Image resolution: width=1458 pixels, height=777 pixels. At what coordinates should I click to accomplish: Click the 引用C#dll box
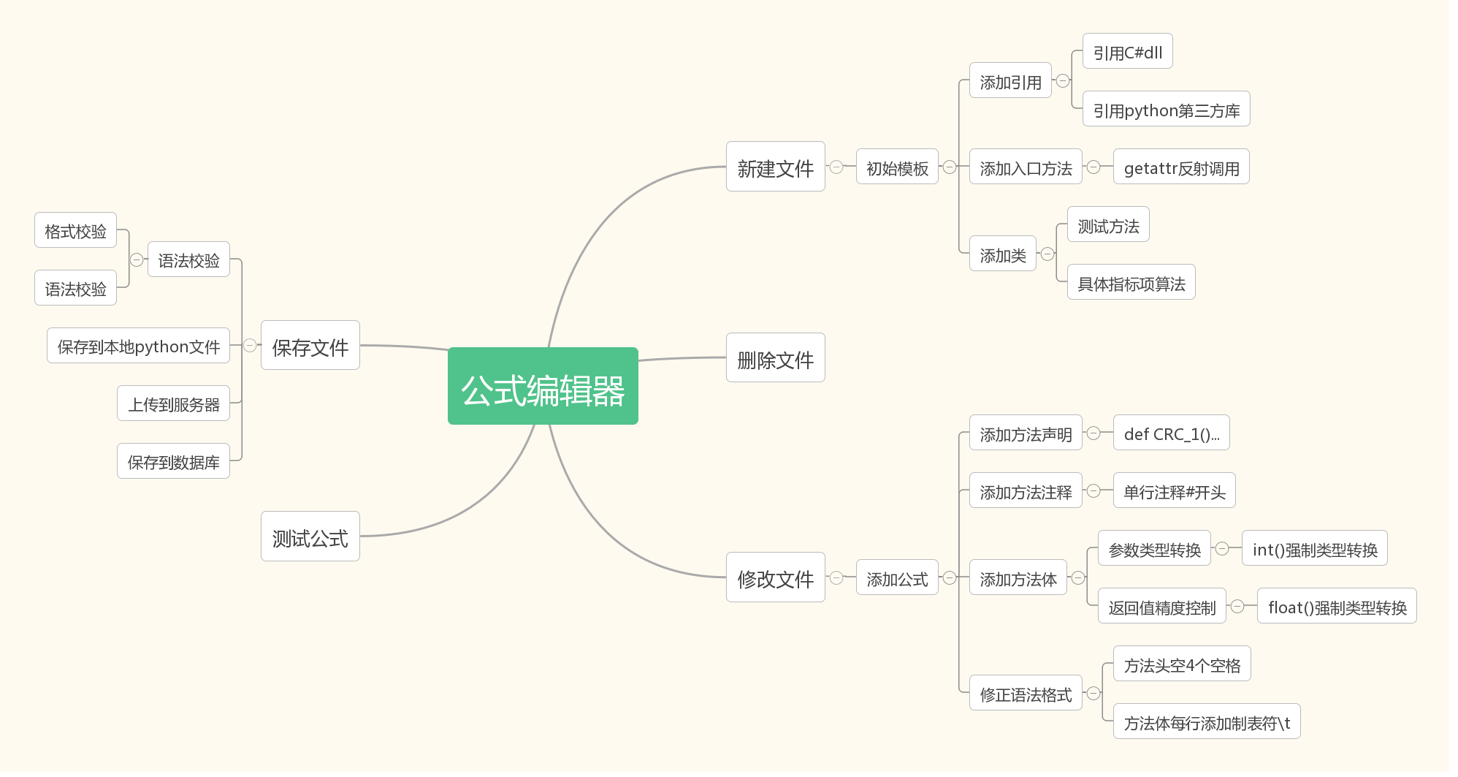pyautogui.click(x=1127, y=51)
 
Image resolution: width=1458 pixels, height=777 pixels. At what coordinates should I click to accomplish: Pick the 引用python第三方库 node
pyautogui.click(x=1166, y=109)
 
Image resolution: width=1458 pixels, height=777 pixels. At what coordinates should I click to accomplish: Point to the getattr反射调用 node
pyautogui.click(x=1181, y=167)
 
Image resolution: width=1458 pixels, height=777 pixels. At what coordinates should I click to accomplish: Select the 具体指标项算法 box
pyautogui.click(x=1131, y=282)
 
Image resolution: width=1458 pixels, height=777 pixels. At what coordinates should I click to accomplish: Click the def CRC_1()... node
pyautogui.click(x=1171, y=433)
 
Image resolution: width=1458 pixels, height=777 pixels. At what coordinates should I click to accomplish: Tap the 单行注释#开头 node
pyautogui.click(x=1174, y=490)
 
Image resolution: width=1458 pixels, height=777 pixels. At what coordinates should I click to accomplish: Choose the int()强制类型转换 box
pyautogui.click(x=1314, y=548)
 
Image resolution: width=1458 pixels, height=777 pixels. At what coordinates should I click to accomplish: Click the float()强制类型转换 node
pyautogui.click(x=1336, y=606)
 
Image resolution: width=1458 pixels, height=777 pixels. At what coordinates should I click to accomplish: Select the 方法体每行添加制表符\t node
pyautogui.click(x=1206, y=721)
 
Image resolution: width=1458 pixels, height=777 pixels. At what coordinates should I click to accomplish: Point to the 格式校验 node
pyautogui.click(x=75, y=230)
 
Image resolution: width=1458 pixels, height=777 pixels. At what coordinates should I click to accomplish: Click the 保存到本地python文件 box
pyautogui.click(x=138, y=346)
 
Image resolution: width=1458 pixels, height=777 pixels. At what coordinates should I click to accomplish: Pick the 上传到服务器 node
pyautogui.click(x=173, y=403)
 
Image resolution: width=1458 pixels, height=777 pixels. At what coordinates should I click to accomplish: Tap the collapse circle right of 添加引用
pyautogui.click(x=1063, y=80)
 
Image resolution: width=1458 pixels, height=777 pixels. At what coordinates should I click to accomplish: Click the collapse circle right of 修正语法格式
pyautogui.click(x=1093, y=693)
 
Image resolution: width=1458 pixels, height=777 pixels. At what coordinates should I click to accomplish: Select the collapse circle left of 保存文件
pyautogui.click(x=250, y=346)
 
